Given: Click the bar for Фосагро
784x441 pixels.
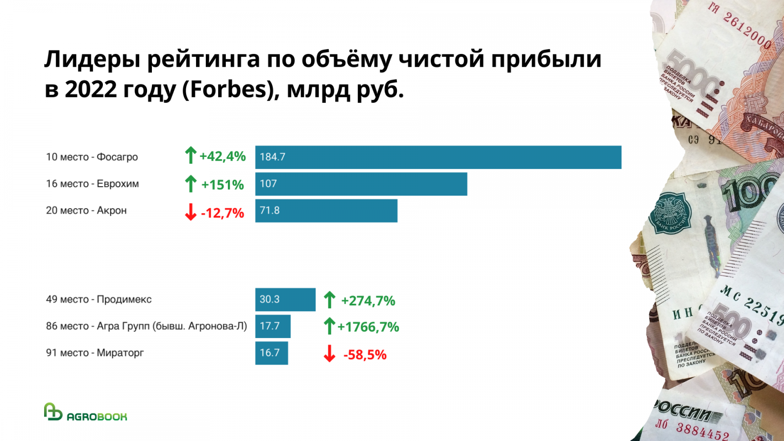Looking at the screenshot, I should coord(438,157).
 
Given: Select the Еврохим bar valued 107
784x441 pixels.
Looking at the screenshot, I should coord(361,184).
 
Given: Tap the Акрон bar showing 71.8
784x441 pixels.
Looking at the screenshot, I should coord(326,211).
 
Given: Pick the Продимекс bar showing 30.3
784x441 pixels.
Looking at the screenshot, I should coord(285,299).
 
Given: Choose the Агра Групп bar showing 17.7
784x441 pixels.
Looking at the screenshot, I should coord(273,326).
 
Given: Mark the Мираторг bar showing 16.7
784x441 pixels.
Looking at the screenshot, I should coord(271,353).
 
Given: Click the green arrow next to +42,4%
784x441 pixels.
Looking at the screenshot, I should coord(191,156).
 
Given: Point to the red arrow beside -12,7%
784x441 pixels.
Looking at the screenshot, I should coord(191,212).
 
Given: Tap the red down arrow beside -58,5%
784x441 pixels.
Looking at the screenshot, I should coord(329,353).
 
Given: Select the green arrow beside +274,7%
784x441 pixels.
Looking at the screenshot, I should coord(329,300).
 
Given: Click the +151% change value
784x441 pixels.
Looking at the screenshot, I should coord(222,185).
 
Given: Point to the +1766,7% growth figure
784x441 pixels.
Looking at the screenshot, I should coord(368,327).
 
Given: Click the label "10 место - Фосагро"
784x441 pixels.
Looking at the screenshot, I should coord(92,157).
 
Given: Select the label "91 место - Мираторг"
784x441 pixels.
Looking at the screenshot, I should coord(95,353).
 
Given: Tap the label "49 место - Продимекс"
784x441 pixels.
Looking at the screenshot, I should coord(99,299).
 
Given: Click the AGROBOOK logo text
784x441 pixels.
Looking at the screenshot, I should coord(97,416).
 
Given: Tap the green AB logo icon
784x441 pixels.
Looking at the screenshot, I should coord(53,412).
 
